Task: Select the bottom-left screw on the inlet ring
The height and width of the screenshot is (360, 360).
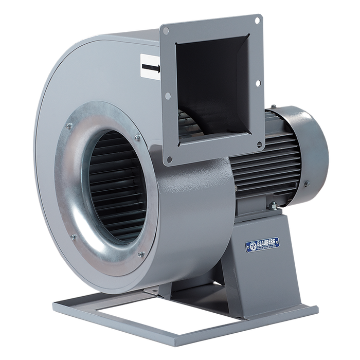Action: [73, 237]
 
